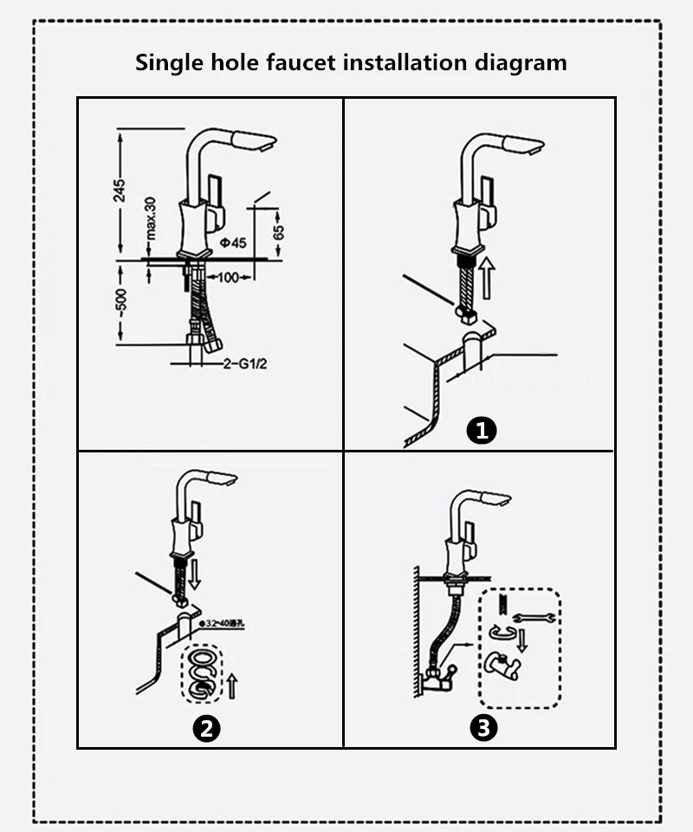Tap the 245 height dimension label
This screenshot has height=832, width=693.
pos(120,191)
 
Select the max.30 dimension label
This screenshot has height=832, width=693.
pos(149,218)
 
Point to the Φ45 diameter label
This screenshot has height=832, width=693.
pos(233,244)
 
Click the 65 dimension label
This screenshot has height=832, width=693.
pos(279,233)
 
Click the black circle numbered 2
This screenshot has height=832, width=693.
pos(205,728)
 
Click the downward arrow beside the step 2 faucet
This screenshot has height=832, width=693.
pos(195,574)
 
